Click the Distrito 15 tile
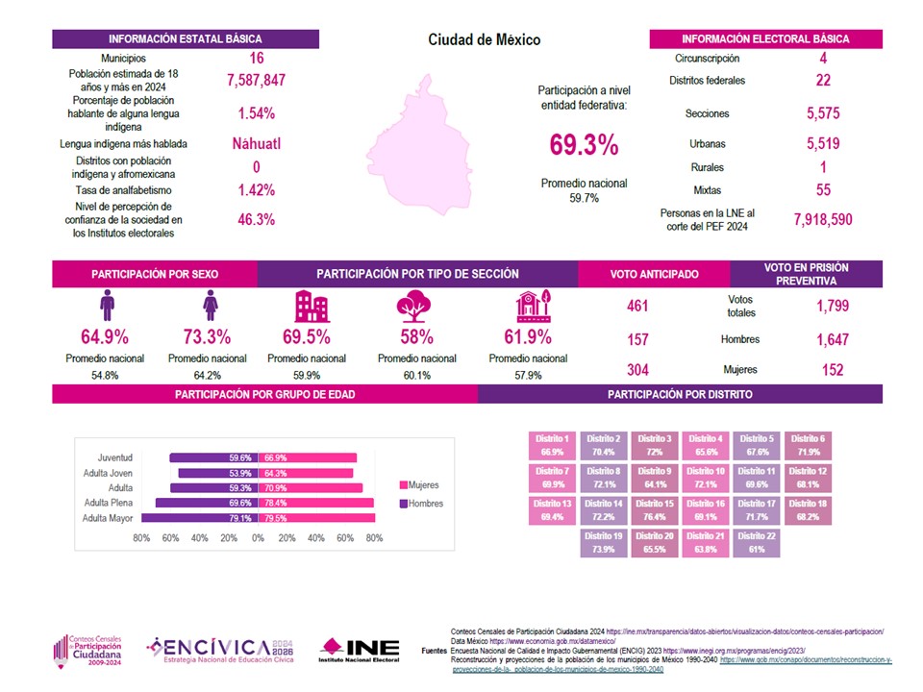click(655, 509)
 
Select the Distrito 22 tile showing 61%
click(755, 542)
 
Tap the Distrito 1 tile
click(552, 444)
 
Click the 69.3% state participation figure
click(584, 145)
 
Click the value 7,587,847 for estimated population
click(257, 81)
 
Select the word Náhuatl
click(257, 144)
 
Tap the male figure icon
click(106, 307)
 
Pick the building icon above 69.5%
click(311, 307)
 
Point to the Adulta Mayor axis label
click(109, 518)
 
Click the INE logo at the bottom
click(360, 651)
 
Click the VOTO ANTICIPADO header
click(655, 274)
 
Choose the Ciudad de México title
click(484, 40)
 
